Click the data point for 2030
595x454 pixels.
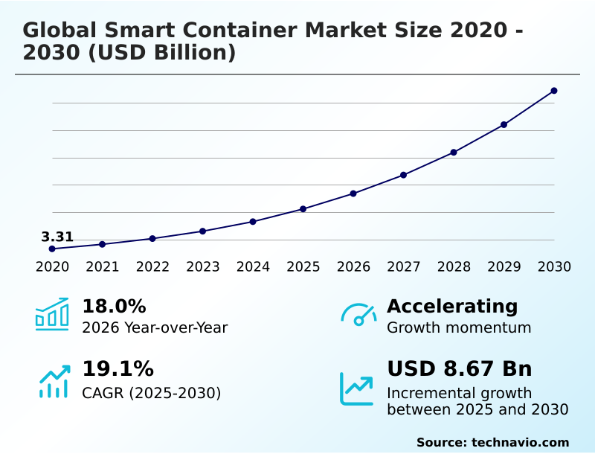[554, 91]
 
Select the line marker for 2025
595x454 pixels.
[303, 209]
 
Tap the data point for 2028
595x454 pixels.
[454, 153]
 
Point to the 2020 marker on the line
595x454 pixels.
[52, 249]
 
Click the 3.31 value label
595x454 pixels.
[57, 237]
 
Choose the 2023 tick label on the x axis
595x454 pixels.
[202, 267]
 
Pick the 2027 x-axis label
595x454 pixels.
[403, 267]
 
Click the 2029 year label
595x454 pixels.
[504, 267]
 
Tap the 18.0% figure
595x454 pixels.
[114, 307]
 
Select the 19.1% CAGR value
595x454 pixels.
[118, 369]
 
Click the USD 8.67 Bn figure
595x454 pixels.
[460, 369]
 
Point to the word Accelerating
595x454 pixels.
[452, 307]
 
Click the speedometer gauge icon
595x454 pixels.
[358, 315]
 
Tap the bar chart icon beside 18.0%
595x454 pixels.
[52, 314]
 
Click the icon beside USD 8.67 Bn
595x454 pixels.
[357, 389]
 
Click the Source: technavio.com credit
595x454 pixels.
[492, 442]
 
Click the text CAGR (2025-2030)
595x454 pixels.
[151, 393]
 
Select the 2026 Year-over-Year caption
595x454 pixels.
[155, 327]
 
